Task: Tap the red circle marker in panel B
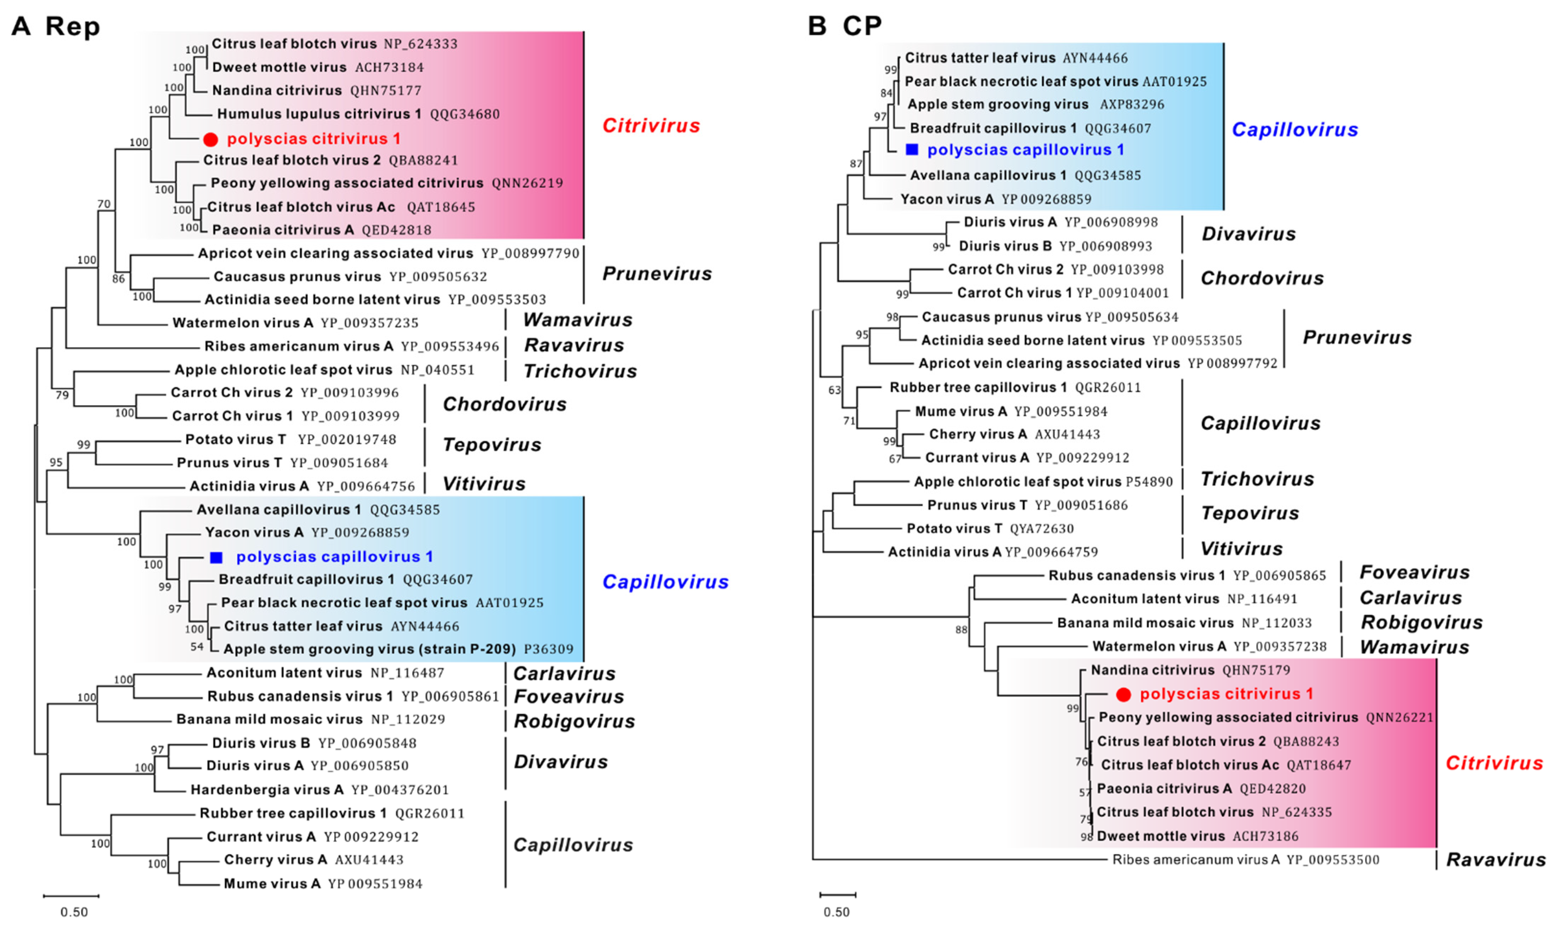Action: (1123, 694)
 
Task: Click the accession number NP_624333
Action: (421, 44)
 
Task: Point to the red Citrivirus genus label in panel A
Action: (651, 125)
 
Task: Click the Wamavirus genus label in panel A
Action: (578, 320)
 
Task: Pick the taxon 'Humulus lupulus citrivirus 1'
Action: (319, 114)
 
